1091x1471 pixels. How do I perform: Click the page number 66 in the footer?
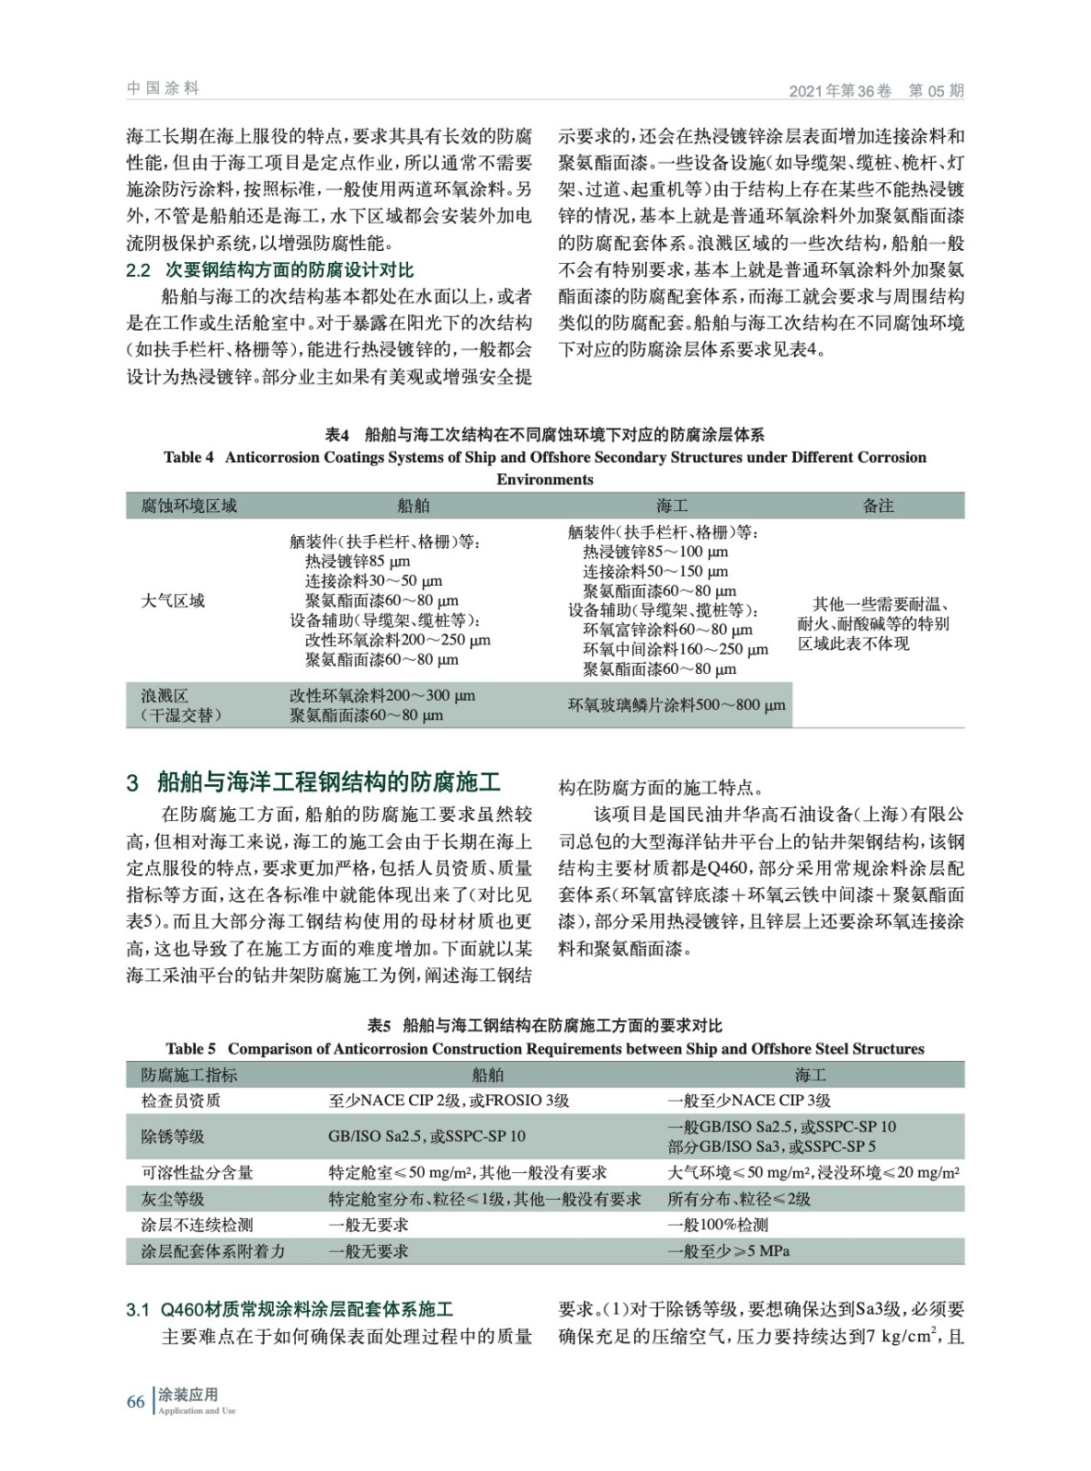click(135, 1401)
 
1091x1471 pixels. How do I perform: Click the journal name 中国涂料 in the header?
click(163, 88)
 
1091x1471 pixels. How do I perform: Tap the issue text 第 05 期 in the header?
click(936, 90)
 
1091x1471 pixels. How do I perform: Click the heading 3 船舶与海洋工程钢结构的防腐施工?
click(313, 782)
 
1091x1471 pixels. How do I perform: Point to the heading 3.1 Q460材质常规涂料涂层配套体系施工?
click(290, 1309)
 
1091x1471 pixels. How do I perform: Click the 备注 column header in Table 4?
click(878, 506)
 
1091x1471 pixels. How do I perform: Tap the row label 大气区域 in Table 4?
click(173, 601)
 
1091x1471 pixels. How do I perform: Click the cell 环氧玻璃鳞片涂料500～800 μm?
click(676, 705)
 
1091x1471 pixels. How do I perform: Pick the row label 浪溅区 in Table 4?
click(165, 696)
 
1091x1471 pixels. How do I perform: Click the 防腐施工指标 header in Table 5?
click(188, 1075)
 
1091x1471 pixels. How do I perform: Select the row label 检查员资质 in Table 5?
click(180, 1100)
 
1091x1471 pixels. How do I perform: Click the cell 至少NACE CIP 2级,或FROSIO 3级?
click(449, 1100)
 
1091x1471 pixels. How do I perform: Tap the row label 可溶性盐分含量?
click(197, 1172)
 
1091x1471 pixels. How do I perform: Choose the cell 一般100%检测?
click(718, 1225)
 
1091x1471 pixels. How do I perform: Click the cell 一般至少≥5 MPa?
click(728, 1251)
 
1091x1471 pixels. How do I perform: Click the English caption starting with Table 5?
click(545, 1049)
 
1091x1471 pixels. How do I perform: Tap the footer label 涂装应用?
click(188, 1395)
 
